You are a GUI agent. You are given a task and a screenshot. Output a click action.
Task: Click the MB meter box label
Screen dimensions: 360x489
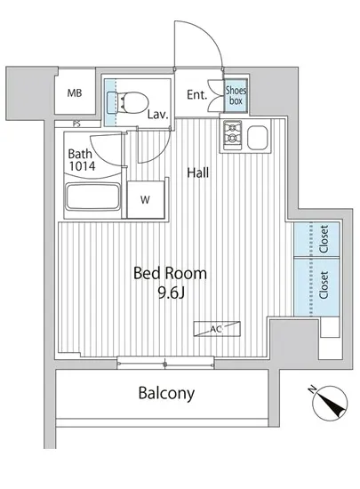pyautogui.click(x=75, y=93)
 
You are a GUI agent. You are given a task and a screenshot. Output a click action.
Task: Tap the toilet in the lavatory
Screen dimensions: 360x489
pyautogui.click(x=127, y=102)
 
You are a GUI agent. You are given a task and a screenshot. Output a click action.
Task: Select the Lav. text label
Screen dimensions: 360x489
pyautogui.click(x=158, y=115)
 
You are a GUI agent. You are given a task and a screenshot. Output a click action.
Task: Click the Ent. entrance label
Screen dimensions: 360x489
pyautogui.click(x=197, y=94)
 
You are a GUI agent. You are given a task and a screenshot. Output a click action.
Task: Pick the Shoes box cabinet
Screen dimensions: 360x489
pyautogui.click(x=236, y=95)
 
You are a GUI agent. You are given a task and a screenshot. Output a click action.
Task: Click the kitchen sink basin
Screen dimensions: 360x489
pyautogui.click(x=258, y=137)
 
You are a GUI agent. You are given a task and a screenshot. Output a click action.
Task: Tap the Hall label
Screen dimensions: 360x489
pyautogui.click(x=198, y=172)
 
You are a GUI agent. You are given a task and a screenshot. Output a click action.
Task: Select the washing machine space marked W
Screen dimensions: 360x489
pyautogui.click(x=145, y=199)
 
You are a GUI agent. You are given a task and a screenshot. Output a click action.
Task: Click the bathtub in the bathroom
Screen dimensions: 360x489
pyautogui.click(x=92, y=197)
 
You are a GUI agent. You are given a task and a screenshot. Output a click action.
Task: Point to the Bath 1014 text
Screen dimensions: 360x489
pyautogui.click(x=82, y=160)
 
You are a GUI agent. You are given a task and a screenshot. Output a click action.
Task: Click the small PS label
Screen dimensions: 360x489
pyautogui.click(x=76, y=124)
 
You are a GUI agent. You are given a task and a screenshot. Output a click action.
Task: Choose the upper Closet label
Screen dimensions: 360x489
pyautogui.click(x=324, y=239)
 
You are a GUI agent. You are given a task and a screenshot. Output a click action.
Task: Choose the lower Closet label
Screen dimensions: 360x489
pyautogui.click(x=324, y=285)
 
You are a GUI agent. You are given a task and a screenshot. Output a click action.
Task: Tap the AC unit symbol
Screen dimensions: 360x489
pyautogui.click(x=217, y=329)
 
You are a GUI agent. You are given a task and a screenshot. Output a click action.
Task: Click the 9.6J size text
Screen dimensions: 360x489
pyautogui.click(x=172, y=293)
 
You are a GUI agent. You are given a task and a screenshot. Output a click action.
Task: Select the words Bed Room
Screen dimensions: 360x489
pyautogui.click(x=170, y=273)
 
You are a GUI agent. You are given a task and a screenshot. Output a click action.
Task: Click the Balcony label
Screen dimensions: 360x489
pyautogui.click(x=166, y=393)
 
